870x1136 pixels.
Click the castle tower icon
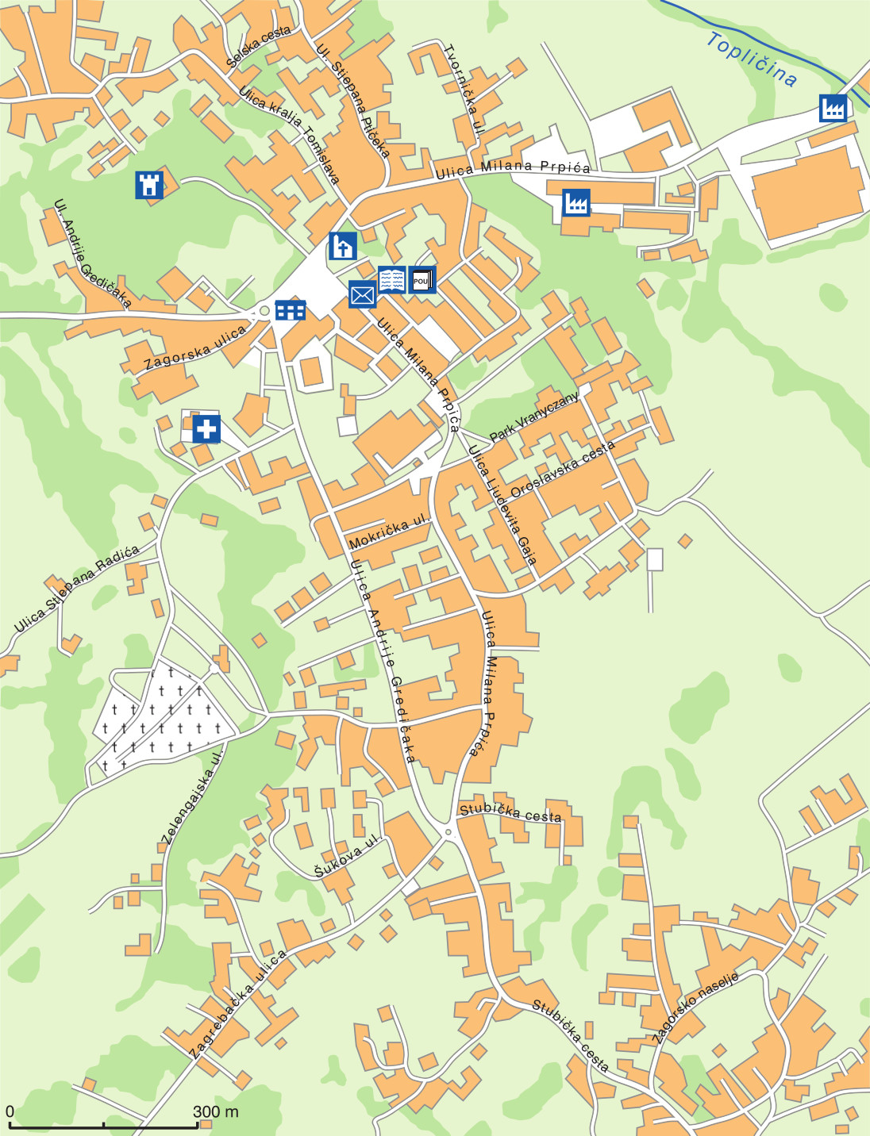pos(149,185)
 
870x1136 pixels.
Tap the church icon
pos(342,246)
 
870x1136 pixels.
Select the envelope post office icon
pos(362,295)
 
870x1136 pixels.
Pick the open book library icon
pos(391,280)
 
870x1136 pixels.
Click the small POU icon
pos(422,280)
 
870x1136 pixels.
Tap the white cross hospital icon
pos(206,429)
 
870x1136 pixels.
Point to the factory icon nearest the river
pos(833,107)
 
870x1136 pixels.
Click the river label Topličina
pos(751,59)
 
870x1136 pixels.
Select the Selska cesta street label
pos(258,47)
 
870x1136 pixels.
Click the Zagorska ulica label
pos(195,349)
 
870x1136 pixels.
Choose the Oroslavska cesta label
pos(562,469)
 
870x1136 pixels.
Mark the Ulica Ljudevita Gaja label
pos(502,505)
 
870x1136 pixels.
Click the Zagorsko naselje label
pos(695,1005)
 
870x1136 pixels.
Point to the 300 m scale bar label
pos(215,1111)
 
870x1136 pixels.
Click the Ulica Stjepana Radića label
pos(76,589)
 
